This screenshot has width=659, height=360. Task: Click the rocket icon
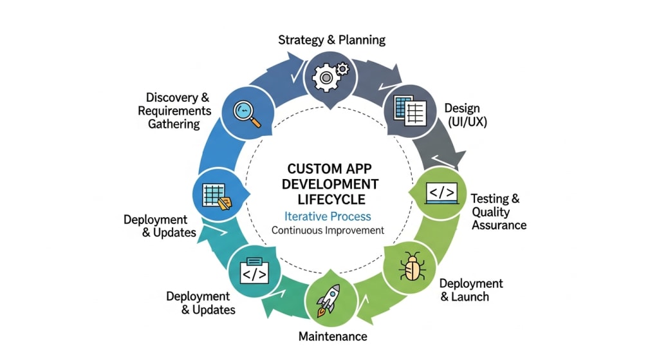pyautogui.click(x=329, y=299)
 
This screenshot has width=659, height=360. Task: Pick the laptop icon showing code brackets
pyautogui.click(x=441, y=193)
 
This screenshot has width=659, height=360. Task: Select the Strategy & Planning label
pyautogui.click(x=331, y=40)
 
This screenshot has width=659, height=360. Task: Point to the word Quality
pyautogui.click(x=490, y=212)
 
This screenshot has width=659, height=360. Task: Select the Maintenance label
pyautogui.click(x=333, y=336)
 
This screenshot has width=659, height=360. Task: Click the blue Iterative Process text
pyautogui.click(x=328, y=216)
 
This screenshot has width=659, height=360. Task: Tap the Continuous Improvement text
pyautogui.click(x=328, y=230)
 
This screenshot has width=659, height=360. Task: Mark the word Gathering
pyautogui.click(x=174, y=124)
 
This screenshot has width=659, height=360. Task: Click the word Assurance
pyautogui.click(x=499, y=225)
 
